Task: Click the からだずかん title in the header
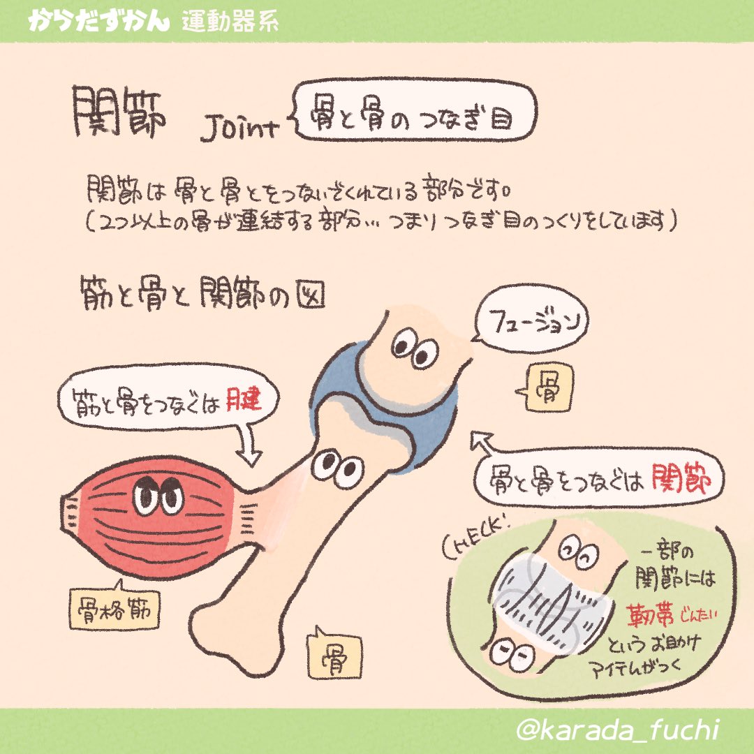pyautogui.click(x=97, y=21)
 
